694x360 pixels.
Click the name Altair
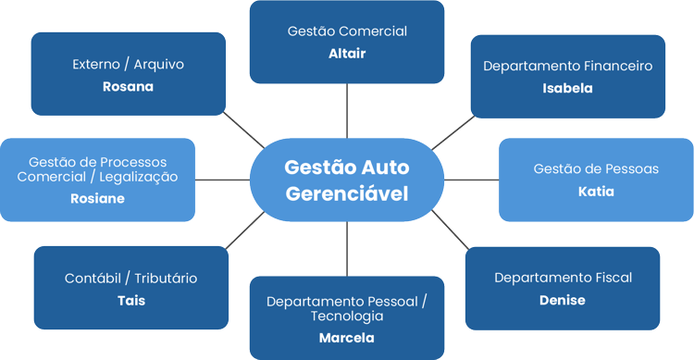(347, 54)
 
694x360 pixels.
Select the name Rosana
(128, 87)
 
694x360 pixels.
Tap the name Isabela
(567, 89)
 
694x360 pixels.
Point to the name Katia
(596, 192)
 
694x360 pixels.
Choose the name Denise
(562, 300)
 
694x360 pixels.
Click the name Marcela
(346, 338)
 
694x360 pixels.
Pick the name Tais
(130, 301)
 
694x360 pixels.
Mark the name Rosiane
(97, 198)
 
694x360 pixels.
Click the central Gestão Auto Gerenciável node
(347, 180)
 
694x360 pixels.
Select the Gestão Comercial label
(347, 31)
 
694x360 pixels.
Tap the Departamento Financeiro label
(567, 67)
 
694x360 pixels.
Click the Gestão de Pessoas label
(596, 169)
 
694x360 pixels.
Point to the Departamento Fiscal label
(562, 278)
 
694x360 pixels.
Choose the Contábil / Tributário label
(130, 279)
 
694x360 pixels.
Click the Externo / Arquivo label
(128, 65)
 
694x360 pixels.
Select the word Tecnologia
(347, 316)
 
